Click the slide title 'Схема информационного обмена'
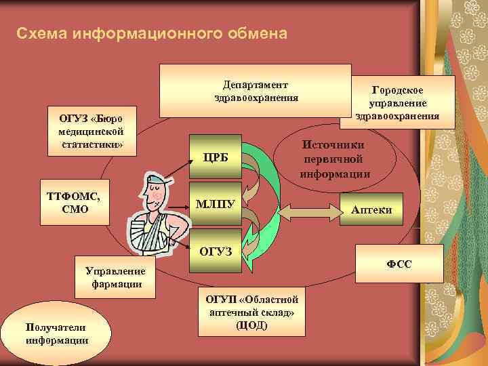[x=152, y=33]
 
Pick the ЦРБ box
[x=216, y=159]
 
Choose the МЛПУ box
[x=216, y=203]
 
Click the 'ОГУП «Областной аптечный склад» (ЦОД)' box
[x=251, y=312]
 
